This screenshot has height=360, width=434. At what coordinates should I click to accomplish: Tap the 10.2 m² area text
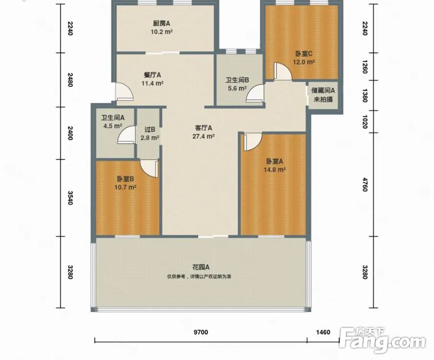coord(162,32)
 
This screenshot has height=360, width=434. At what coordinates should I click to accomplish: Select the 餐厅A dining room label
coord(152,75)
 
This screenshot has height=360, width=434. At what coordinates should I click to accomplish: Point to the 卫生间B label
coord(237,80)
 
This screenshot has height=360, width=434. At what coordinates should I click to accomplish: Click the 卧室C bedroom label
coord(304,53)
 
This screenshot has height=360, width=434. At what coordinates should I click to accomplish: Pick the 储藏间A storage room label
coord(323,90)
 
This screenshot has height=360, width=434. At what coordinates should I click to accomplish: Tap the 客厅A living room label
coord(203,128)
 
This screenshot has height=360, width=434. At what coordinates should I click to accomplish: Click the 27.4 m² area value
coord(204,136)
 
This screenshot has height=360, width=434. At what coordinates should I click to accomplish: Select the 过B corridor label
coord(150,130)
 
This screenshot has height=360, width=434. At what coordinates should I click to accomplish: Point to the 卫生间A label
coord(113,118)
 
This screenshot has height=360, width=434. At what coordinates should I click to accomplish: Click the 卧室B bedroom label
coord(125,179)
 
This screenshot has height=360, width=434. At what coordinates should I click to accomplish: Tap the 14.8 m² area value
coord(275,169)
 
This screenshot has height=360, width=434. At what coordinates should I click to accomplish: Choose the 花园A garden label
coord(201,267)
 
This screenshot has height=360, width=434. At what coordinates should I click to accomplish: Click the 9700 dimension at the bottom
coord(200,332)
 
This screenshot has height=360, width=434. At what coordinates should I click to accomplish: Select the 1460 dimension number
coord(323,332)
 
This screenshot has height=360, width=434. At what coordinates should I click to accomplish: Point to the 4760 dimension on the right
coord(365,185)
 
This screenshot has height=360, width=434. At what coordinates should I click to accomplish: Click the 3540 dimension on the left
coord(70,198)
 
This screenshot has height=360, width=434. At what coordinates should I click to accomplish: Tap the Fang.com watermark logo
coord(382,340)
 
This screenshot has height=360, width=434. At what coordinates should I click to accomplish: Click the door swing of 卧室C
coord(283,72)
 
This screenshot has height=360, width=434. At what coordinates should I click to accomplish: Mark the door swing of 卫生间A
coord(126,134)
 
